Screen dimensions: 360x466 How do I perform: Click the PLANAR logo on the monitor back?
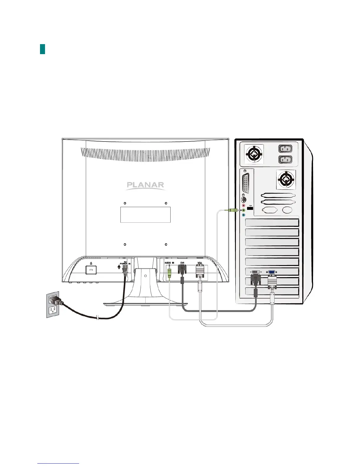(145, 185)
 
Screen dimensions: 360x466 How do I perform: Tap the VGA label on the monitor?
(200, 263)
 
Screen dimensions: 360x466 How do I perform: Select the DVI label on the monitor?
(182, 263)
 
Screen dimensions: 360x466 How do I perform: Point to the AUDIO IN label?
(169, 263)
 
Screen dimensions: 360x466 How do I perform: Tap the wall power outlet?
(53, 304)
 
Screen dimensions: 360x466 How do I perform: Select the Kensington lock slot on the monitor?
(91, 270)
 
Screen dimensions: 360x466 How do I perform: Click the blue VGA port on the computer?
(271, 272)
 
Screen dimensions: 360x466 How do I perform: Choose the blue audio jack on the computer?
(244, 215)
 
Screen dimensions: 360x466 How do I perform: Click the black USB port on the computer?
(250, 209)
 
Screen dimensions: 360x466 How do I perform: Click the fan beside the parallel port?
(286, 179)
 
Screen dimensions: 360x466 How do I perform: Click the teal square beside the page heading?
(42, 49)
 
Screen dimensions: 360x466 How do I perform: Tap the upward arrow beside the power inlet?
(119, 267)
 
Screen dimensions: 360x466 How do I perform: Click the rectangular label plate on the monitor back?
(145, 214)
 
